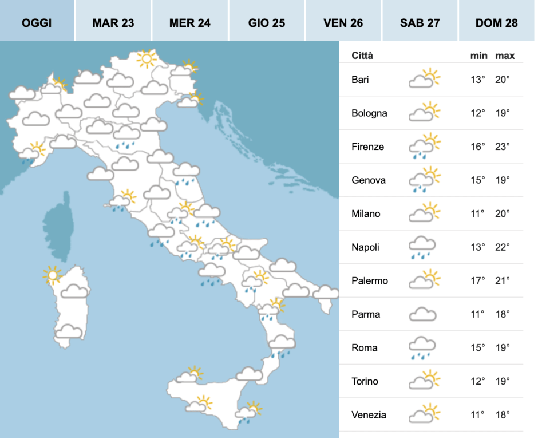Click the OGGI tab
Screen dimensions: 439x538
click(x=37, y=23)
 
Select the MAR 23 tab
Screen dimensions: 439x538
click(x=113, y=23)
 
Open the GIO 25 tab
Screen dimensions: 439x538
click(x=267, y=23)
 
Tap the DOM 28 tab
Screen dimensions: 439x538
click(x=496, y=23)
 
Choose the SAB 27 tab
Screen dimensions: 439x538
click(x=420, y=23)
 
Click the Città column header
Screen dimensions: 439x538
click(x=362, y=56)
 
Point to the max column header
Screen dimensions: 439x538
click(x=505, y=56)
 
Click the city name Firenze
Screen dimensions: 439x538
click(x=367, y=147)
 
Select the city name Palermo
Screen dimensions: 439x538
click(x=370, y=280)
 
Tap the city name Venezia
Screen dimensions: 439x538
click(x=369, y=414)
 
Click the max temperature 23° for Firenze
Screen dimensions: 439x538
click(x=503, y=147)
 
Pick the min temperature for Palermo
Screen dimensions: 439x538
click(x=477, y=280)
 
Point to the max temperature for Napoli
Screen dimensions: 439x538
click(x=503, y=247)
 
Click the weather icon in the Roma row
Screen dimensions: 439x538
click(x=422, y=348)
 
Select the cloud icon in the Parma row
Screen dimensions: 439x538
click(x=422, y=314)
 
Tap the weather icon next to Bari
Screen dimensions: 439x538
click(x=424, y=79)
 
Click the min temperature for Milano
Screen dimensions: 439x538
click(x=477, y=213)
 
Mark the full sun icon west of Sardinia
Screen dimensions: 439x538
click(x=52, y=276)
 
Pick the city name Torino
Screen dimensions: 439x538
click(x=365, y=381)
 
